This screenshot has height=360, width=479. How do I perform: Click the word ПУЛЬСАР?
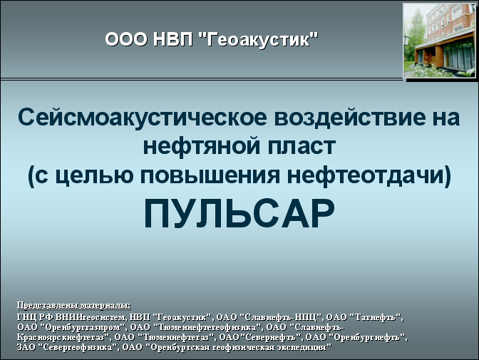pyautogui.click(x=239, y=214)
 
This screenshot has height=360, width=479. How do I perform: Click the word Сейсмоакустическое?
pyautogui.click(x=143, y=117)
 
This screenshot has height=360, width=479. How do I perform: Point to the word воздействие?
pyautogui.click(x=352, y=117)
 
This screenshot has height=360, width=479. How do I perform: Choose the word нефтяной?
pyautogui.click(x=202, y=146)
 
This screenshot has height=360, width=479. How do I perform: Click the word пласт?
pyautogui.click(x=302, y=147)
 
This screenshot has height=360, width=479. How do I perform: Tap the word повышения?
pyautogui.click(x=210, y=175)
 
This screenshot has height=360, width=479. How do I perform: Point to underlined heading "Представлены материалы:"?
pyautogui.click(x=74, y=305)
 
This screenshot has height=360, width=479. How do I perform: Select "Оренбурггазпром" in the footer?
pyautogui.click(x=83, y=327)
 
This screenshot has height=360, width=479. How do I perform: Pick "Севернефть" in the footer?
pyautogui.click(x=271, y=337)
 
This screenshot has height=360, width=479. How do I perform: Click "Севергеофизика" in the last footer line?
pyautogui.click(x=78, y=347)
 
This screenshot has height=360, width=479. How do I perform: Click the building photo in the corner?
pyautogui.click(x=439, y=41)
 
